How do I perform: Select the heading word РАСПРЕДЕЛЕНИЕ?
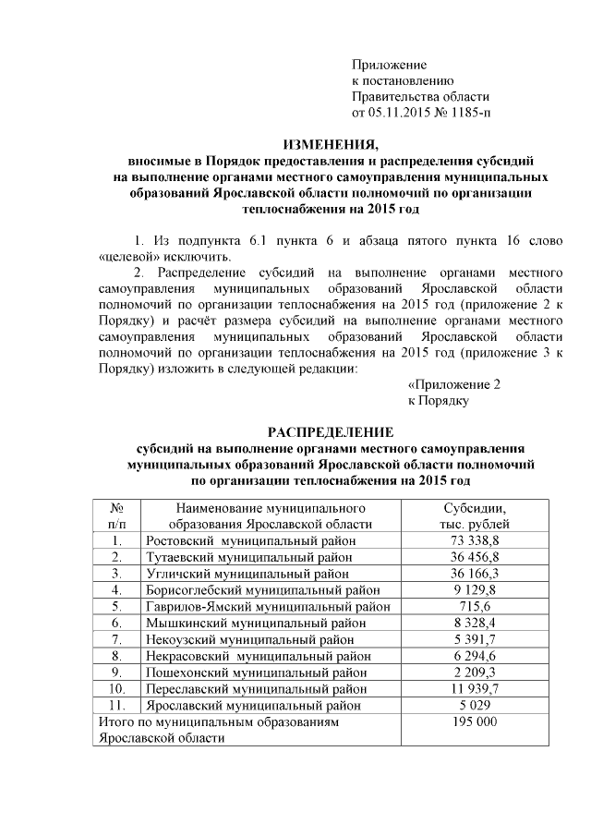tap(330, 432)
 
